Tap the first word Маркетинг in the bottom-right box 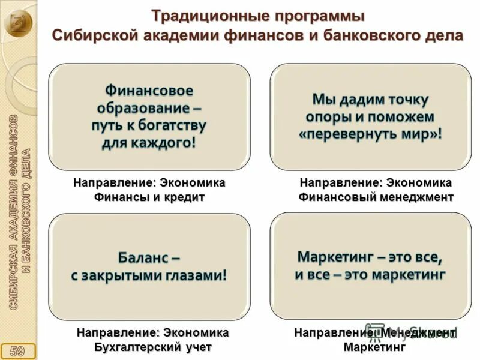click(334, 257)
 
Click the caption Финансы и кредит click(149, 197)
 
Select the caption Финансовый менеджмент click(376, 197)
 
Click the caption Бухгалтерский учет click(153, 347)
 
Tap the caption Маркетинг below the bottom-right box click(375, 347)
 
